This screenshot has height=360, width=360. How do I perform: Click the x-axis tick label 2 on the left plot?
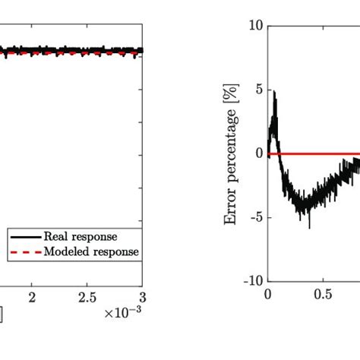tap(32, 295)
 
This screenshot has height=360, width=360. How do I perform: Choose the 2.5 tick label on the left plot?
tap(87, 295)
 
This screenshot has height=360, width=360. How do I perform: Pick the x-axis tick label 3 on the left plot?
tap(141, 295)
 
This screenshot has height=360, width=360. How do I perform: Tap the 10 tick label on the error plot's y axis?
tap(255, 27)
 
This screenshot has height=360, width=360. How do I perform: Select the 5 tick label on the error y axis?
tap(258, 90)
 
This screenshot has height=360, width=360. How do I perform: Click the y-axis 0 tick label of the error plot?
tap(258, 153)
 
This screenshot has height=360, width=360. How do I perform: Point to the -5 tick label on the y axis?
tap(255, 217)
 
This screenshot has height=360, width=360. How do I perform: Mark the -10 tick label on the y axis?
tap(252, 281)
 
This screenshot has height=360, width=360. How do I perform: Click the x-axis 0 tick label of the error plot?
tap(267, 295)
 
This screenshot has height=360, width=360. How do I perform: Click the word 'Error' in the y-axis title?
tap(231, 208)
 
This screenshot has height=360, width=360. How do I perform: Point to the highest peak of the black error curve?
tap(274, 92)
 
